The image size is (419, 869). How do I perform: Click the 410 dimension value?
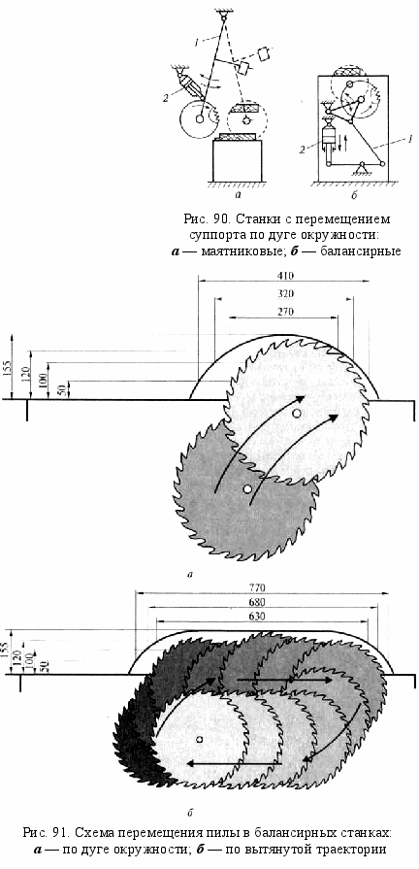(x=285, y=276)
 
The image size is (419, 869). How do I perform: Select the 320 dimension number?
(x=285, y=294)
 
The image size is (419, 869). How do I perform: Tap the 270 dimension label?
(x=285, y=312)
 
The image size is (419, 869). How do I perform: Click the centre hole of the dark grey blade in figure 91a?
(x=247, y=488)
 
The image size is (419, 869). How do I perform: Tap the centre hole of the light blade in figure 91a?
(x=297, y=413)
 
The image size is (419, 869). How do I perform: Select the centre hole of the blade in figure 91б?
(x=199, y=739)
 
